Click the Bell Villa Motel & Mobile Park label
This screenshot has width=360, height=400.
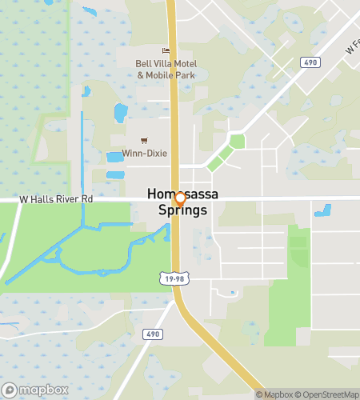166,69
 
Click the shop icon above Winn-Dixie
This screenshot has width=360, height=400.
144,140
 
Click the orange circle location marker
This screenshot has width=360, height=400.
180,198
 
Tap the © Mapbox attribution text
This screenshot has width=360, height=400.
274,394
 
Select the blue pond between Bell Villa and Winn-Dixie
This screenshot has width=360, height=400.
121,113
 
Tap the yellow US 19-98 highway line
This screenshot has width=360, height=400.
174,120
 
